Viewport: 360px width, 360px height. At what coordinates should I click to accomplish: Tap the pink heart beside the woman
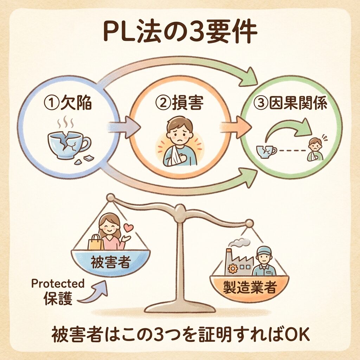pos(129,228)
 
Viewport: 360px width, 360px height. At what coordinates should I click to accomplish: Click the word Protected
pos(58,283)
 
